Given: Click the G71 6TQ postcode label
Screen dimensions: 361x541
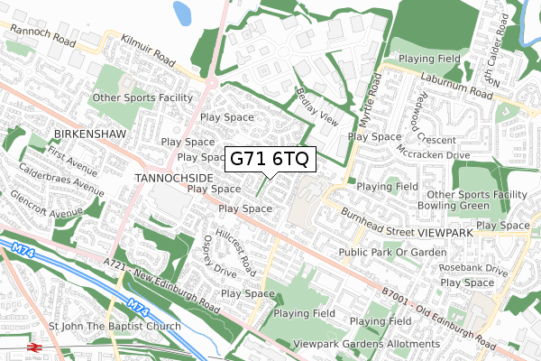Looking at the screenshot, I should [270, 159].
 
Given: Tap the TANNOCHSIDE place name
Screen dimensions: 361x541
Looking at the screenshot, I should [171, 179].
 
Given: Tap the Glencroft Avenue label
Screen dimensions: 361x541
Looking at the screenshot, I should [44, 206].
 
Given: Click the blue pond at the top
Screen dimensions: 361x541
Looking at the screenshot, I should [184, 12].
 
